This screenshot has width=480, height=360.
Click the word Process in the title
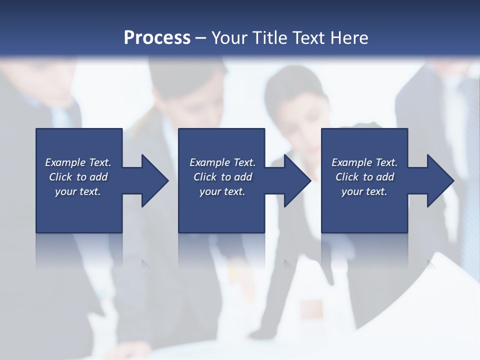point(157,38)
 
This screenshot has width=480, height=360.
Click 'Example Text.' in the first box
point(78,162)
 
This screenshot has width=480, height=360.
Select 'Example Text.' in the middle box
point(222,162)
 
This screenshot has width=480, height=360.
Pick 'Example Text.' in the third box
point(364,162)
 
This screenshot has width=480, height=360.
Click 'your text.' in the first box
point(78,191)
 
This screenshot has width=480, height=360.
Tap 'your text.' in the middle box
point(222,191)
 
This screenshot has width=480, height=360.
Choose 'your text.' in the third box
point(364,191)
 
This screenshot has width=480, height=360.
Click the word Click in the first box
point(61,177)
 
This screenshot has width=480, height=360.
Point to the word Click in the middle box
point(205,177)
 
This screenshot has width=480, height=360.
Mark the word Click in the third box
point(347,177)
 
